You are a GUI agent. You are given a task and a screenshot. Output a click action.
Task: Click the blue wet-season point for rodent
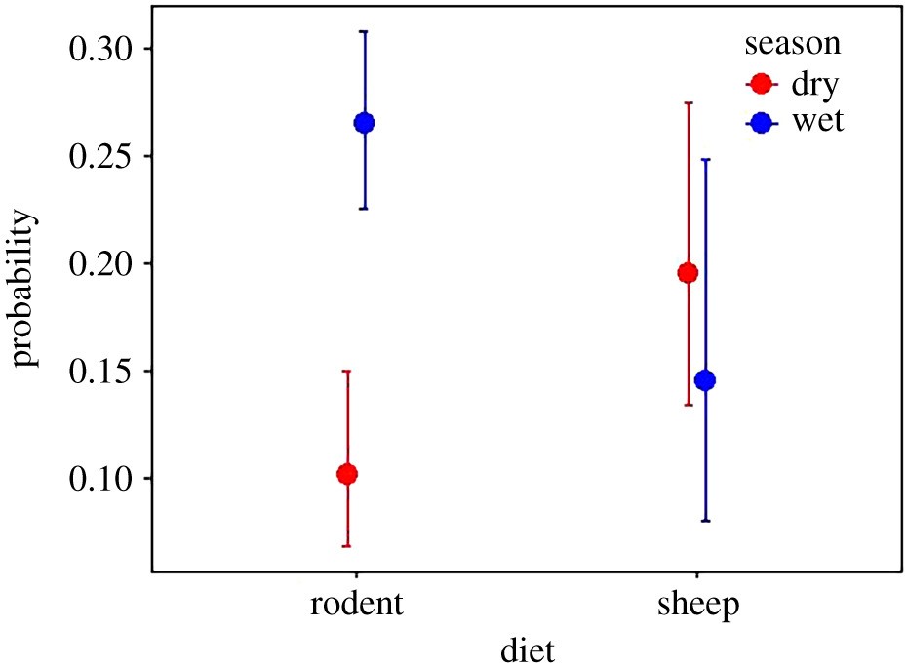[364, 123]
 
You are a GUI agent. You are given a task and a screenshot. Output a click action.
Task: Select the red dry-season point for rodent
[346, 474]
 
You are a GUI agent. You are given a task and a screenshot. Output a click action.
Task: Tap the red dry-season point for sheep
[688, 273]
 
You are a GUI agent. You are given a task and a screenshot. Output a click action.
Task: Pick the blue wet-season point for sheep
[705, 380]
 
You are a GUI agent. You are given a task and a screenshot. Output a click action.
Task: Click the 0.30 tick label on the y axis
[102, 49]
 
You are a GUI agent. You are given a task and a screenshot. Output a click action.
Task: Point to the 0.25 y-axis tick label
[102, 156]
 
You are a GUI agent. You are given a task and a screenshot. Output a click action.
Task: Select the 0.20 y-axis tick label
[102, 263]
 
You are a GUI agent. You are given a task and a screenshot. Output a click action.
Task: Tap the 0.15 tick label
[102, 372]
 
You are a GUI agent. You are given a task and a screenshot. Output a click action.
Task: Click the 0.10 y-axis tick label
[102, 479]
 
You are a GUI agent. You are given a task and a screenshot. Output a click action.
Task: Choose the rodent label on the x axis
[356, 604]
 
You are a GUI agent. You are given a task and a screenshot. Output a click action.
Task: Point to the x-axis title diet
[527, 648]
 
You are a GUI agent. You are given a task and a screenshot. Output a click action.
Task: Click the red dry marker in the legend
[763, 84]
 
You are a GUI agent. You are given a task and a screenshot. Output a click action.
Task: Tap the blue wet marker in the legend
[763, 123]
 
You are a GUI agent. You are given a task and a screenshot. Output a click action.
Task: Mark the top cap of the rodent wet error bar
[364, 31]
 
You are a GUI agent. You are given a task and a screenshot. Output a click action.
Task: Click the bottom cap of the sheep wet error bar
[705, 521]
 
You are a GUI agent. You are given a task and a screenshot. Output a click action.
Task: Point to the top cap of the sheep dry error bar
[688, 102]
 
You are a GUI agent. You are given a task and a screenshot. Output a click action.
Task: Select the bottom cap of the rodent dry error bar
[346, 546]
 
